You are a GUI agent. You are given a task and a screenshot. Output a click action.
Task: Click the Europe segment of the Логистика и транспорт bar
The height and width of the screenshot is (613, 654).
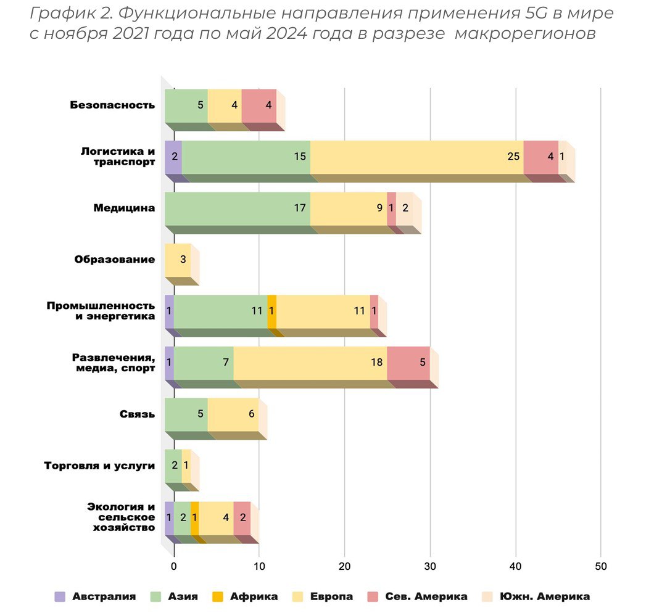[x=416, y=157]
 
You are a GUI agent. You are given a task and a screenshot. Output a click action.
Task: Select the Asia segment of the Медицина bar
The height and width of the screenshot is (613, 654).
[x=238, y=208]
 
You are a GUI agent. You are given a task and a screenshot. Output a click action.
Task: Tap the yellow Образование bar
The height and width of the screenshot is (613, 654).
[x=178, y=260]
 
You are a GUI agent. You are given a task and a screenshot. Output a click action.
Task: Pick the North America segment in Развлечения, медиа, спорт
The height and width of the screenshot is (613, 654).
[x=408, y=363]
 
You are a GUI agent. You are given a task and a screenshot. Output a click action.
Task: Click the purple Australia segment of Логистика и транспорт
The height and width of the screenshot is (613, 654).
[x=173, y=157]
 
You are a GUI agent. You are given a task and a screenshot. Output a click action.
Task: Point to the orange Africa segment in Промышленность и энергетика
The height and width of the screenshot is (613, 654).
[x=272, y=311]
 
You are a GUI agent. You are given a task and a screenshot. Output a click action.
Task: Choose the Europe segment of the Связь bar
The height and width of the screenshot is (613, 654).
[x=233, y=414]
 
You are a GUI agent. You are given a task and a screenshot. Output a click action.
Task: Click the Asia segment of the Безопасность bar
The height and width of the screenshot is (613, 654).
[x=186, y=105]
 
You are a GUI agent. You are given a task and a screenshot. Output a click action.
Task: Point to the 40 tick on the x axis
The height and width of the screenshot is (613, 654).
[x=516, y=566]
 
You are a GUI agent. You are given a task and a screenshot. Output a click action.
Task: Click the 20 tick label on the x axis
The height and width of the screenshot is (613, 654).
[x=345, y=566]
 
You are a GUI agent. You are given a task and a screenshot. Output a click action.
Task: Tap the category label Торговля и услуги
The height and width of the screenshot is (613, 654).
[x=99, y=466]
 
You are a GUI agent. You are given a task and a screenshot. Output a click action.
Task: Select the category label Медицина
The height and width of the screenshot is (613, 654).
[x=124, y=208]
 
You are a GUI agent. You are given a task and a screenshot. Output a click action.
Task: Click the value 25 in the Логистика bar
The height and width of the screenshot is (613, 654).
[x=513, y=157]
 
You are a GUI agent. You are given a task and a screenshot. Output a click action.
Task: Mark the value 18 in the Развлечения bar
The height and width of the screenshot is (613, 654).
[x=376, y=363]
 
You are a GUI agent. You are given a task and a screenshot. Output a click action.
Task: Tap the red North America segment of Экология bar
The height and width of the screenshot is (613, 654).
[x=242, y=517]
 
